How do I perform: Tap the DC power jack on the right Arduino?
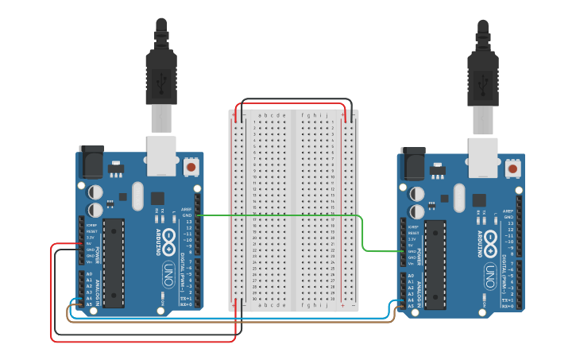[412, 164]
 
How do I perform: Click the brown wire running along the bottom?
[238, 321]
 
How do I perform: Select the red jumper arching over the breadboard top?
[290, 104]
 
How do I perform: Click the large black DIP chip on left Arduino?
[114, 263]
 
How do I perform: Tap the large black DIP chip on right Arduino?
[435, 265]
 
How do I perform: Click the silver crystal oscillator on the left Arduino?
[137, 196]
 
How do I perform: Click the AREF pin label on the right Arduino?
[507, 211]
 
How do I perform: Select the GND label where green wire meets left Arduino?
[187, 215]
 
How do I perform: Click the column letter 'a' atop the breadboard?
[262, 114]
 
